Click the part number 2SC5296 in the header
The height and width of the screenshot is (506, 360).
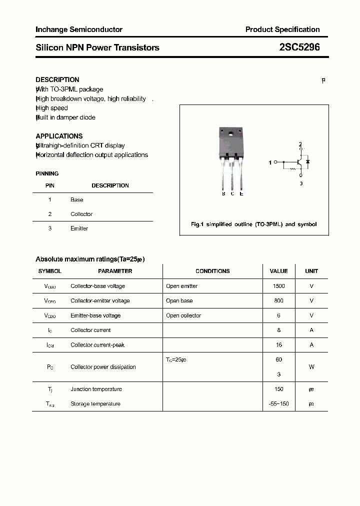tap(299, 47)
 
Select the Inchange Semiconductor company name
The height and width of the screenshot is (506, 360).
tap(79, 29)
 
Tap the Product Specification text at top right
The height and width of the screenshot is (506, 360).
tap(282, 29)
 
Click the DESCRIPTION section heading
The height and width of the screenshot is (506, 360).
tap(57, 79)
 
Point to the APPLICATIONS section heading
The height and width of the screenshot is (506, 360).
tap(59, 136)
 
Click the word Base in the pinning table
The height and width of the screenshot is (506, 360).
tap(77, 199)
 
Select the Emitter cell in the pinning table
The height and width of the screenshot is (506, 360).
tap(79, 228)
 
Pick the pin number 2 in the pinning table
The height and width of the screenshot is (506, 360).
tap(50, 214)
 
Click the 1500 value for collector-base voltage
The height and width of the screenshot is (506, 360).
tap(278, 286)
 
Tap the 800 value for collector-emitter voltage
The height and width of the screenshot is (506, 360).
tap(278, 300)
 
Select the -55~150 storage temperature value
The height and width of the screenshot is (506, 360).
tap(278, 403)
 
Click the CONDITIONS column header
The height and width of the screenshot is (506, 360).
tap(212, 271)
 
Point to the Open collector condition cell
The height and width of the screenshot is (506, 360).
tap(183, 315)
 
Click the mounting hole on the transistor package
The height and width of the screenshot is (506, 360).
tap(231, 133)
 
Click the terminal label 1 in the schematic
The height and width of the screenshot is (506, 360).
tap(270, 162)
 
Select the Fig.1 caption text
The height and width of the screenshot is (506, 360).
tap(254, 224)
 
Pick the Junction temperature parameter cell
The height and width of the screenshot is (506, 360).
tap(96, 389)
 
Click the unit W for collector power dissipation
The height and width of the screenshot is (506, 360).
tap(311, 367)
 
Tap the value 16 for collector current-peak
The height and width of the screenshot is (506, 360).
tap(278, 345)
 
